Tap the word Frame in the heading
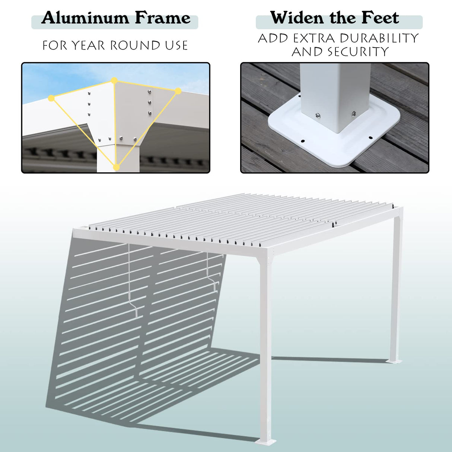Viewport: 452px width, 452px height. click(x=162, y=18)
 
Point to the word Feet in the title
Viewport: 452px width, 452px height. click(x=380, y=18)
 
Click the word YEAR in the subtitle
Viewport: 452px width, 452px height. click(x=88, y=45)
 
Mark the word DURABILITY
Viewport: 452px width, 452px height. click(x=379, y=38)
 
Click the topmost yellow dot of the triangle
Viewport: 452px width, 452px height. click(x=114, y=80)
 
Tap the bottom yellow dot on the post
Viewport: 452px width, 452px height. click(x=116, y=167)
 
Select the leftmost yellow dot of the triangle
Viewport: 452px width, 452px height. click(x=51, y=98)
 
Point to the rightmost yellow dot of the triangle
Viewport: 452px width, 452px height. click(x=178, y=91)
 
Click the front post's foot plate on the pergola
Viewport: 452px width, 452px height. click(x=266, y=442)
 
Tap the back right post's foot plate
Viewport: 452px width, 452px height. click(x=394, y=361)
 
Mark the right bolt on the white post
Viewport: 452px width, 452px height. click(x=353, y=114)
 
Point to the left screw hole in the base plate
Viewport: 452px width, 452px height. click(x=302, y=141)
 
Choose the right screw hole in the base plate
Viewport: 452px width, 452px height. click(x=370, y=138)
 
